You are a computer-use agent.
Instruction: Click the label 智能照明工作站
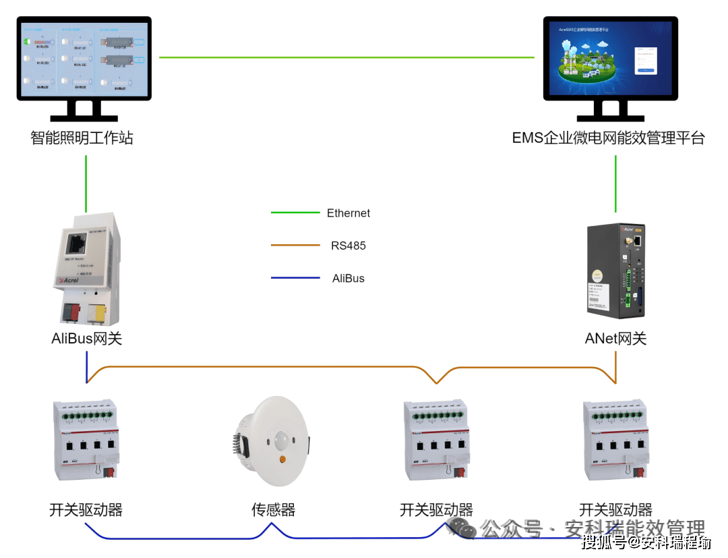82,138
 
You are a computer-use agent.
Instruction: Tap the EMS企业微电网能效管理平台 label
608,138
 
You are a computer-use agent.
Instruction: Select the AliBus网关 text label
87,339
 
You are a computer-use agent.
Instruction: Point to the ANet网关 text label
615,339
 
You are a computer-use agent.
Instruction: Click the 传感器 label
273,510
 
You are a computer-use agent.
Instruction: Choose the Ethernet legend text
348,213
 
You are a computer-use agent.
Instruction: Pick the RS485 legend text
348,246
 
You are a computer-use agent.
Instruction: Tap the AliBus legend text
348,278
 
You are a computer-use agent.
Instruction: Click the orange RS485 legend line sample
295,246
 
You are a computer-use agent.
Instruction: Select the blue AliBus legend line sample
295,278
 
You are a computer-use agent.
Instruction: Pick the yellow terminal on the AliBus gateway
98,311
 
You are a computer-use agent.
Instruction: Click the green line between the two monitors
346,57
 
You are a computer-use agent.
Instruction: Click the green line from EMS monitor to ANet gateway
615,184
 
